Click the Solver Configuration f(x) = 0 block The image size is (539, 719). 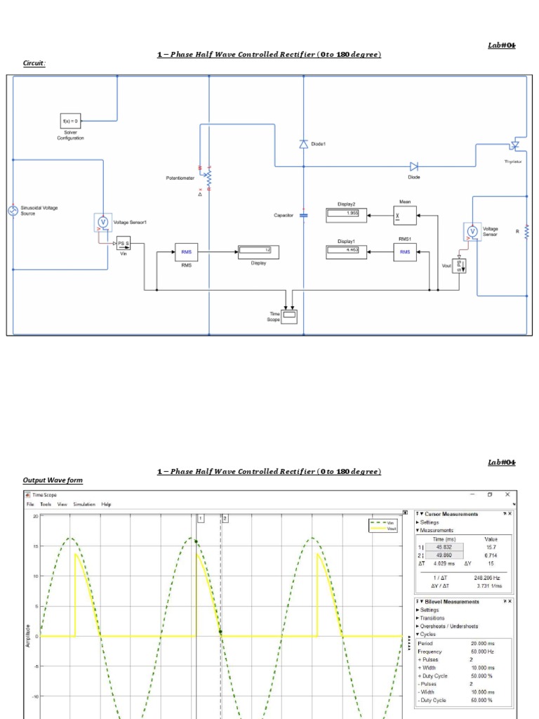[x=70, y=121]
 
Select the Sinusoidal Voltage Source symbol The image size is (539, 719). [x=13, y=211]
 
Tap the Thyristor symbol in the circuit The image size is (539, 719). [x=516, y=144]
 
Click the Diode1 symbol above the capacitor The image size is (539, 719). [x=303, y=144]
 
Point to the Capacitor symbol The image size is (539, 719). [x=303, y=215]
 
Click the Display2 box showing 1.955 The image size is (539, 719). [x=343, y=213]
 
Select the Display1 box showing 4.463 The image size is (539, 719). [x=343, y=251]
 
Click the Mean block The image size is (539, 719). [x=405, y=215]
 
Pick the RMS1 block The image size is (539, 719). [x=405, y=251]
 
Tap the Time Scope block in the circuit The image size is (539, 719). [x=288, y=317]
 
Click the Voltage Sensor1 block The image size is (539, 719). [x=103, y=222]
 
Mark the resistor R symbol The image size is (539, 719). [x=526, y=230]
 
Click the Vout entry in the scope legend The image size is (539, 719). [x=391, y=529]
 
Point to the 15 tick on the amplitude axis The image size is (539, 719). [x=35, y=546]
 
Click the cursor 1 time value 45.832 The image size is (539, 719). [x=444, y=547]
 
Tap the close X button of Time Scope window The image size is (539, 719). [x=507, y=495]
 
